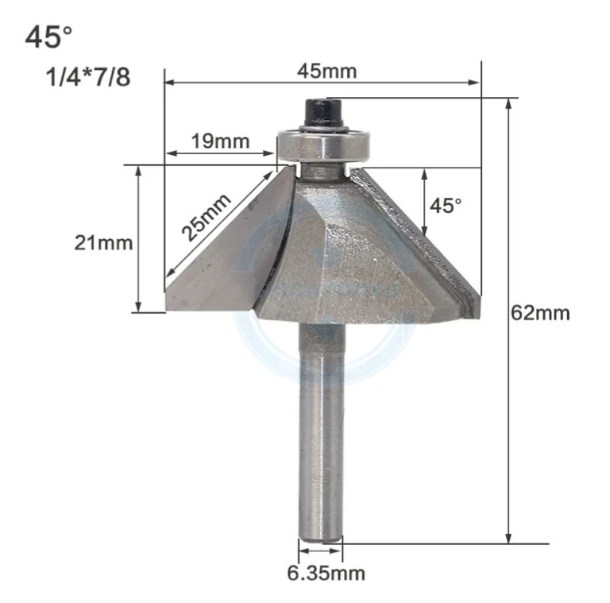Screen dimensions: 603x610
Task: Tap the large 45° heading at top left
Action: [x=48, y=37]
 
